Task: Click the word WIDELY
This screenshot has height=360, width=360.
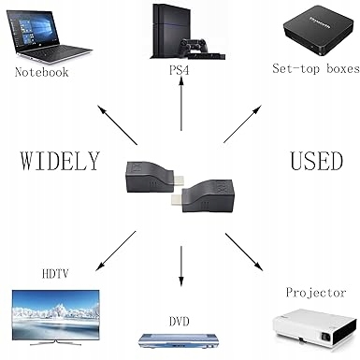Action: pos(59,160)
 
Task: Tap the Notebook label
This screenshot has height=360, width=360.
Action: pos(41,71)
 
